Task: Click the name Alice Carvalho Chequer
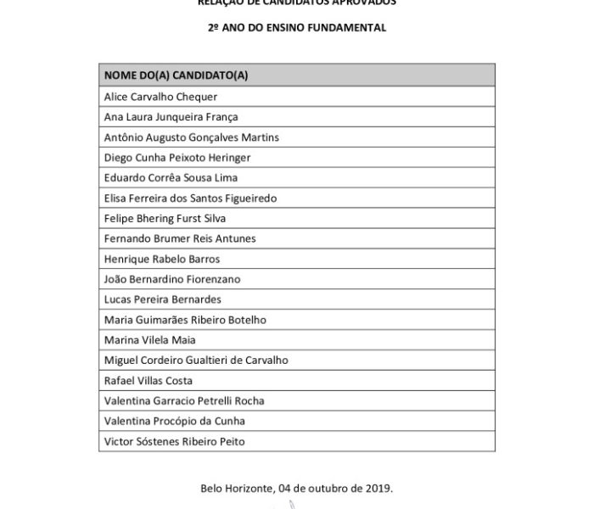[160, 97]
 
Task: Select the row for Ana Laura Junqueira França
[171, 117]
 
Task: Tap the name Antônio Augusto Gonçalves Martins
[191, 137]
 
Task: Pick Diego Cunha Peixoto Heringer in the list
[178, 158]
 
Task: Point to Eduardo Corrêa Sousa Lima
[171, 178]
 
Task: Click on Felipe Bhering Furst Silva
[165, 219]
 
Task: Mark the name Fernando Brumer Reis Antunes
[179, 239]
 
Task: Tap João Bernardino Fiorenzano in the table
[171, 279]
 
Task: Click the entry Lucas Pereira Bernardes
[162, 299]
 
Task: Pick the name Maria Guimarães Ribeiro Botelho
[185, 320]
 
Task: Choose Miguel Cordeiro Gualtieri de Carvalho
[195, 361]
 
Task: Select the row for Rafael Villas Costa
[148, 381]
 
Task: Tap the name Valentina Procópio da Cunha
[174, 422]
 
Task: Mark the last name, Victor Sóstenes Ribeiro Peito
[177, 442]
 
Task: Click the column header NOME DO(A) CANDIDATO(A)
[176, 76]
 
